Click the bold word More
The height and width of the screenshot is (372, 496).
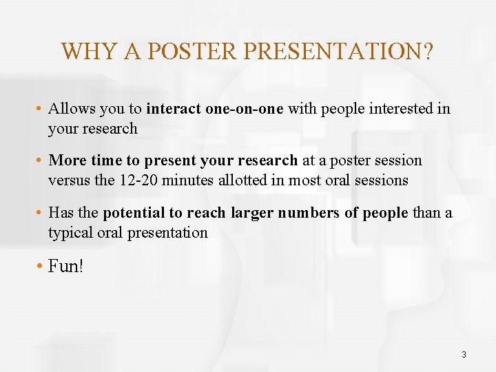pyautogui.click(x=68, y=161)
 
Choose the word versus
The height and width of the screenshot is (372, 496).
pyautogui.click(x=68, y=180)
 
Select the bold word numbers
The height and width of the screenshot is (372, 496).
pyautogui.click(x=309, y=213)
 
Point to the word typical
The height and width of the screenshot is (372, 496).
pyautogui.click(x=70, y=233)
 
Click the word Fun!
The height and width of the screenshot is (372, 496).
pyautogui.click(x=66, y=266)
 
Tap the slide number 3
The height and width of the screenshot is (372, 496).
pyautogui.click(x=464, y=354)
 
